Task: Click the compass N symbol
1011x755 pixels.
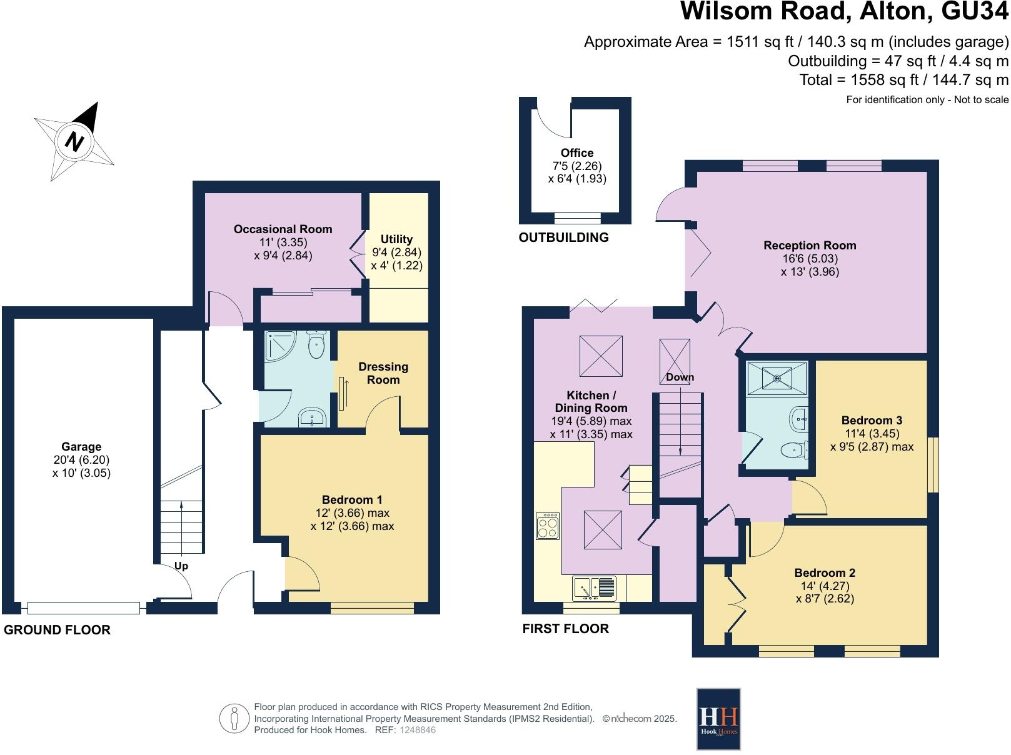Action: pyautogui.click(x=74, y=141)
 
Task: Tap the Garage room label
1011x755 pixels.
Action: pyautogui.click(x=81, y=446)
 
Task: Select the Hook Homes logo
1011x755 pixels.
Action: pyautogui.click(x=718, y=719)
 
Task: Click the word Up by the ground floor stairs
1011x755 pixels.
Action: pyautogui.click(x=181, y=566)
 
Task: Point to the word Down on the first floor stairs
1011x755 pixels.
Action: pyautogui.click(x=680, y=377)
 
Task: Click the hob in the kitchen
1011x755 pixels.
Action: pyautogui.click(x=548, y=526)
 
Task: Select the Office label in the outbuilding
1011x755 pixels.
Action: pyautogui.click(x=576, y=152)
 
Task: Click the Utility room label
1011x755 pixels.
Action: pyautogui.click(x=396, y=239)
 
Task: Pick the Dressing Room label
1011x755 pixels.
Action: pyautogui.click(x=383, y=373)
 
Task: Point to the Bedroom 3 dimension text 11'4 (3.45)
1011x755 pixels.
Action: pyautogui.click(x=872, y=433)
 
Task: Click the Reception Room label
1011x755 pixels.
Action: pyautogui.click(x=810, y=245)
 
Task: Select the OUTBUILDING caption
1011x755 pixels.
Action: pyautogui.click(x=563, y=237)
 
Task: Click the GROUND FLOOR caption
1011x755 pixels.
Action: pyautogui.click(x=57, y=630)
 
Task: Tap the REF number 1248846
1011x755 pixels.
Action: pyautogui.click(x=417, y=730)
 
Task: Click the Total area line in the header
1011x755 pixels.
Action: pyautogui.click(x=903, y=80)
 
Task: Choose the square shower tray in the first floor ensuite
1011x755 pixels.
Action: pyautogui.click(x=777, y=377)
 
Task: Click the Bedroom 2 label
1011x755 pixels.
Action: pyautogui.click(x=825, y=572)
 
